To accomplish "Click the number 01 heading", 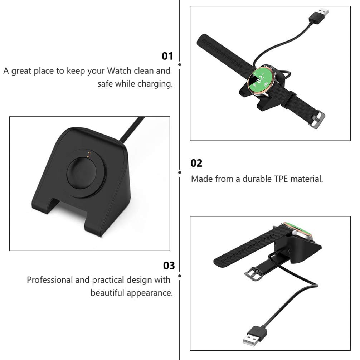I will [x=167, y=56].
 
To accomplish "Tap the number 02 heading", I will [x=197, y=164].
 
